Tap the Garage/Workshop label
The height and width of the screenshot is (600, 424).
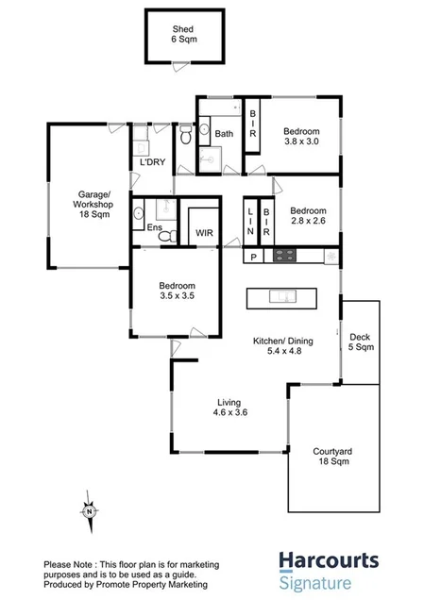(95, 205)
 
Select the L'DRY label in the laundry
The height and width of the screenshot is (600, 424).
(154, 162)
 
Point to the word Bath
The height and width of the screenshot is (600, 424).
(224, 134)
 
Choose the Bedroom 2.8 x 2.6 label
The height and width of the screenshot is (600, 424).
(307, 216)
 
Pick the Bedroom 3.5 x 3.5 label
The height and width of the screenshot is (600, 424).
(177, 292)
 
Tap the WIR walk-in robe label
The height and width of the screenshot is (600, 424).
(204, 232)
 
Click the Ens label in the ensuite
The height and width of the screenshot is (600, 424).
(152, 228)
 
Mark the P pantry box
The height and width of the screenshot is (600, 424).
(253, 257)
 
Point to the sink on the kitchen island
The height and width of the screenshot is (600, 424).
(281, 298)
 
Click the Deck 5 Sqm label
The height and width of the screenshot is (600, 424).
(360, 342)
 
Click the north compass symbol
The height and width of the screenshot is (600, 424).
(87, 510)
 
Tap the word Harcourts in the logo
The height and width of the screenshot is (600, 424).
(328, 561)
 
